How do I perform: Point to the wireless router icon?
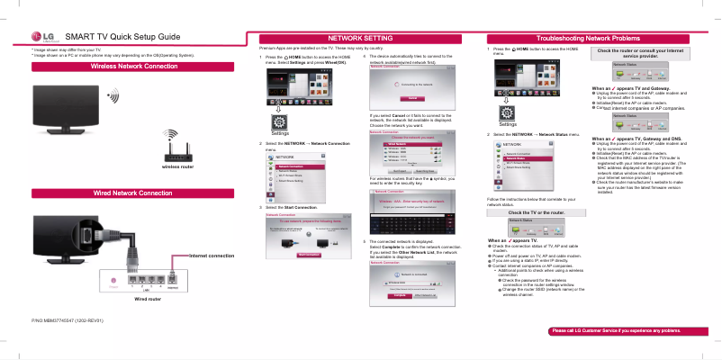pyautogui.click(x=176, y=146)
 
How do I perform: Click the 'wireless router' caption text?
pyautogui.click(x=177, y=166)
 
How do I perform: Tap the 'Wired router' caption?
pyautogui.click(x=147, y=298)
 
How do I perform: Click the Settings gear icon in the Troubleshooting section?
pyautogui.click(x=507, y=110)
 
